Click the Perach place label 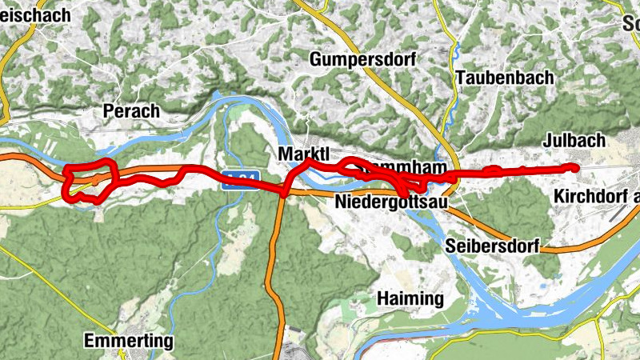tap(132, 111)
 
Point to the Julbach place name tap(574, 141)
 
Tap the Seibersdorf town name tap(493, 245)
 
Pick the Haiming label tap(410, 299)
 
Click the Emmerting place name tap(129, 342)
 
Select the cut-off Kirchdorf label tap(596, 197)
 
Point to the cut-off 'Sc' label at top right tap(630, 23)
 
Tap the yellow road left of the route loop tap(32, 203)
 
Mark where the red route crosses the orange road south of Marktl tap(284, 192)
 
